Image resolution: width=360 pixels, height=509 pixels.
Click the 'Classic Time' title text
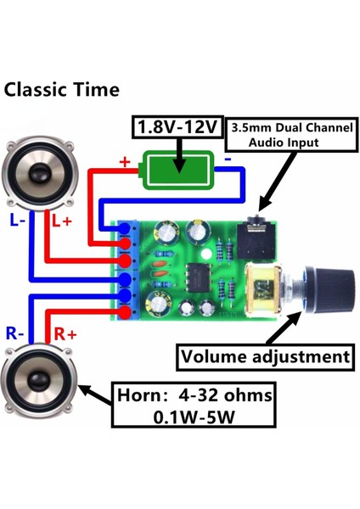pos(62,89)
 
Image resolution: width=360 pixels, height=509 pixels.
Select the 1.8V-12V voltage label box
pos(177,128)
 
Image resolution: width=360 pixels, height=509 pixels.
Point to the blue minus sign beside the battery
pos(228,159)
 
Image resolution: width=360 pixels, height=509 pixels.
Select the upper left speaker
pos(40,174)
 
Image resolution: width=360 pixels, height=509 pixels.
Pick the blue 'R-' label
pos(15,333)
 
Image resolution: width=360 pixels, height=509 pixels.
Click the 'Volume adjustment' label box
pos(264,356)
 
